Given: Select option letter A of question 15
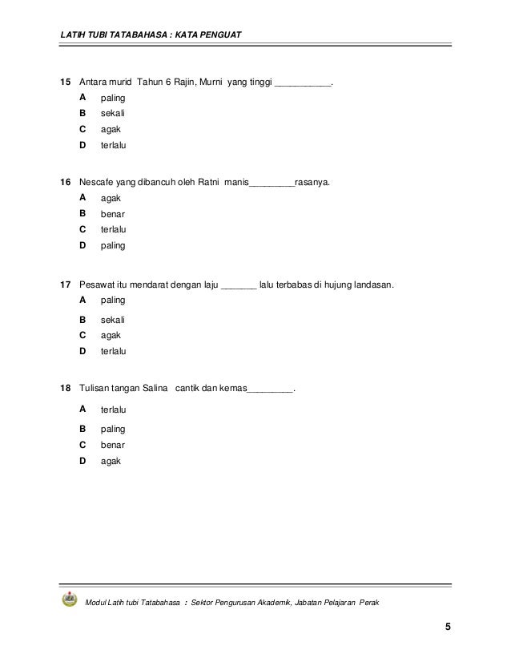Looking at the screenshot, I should pyautogui.click(x=82, y=97).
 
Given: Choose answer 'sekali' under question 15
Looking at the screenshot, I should pyautogui.click(x=113, y=114).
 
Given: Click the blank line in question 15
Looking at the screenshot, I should pyautogui.click(x=303, y=84).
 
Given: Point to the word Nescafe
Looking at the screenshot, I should pyautogui.click(x=98, y=183).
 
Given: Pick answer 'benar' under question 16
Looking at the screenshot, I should pyautogui.click(x=113, y=214).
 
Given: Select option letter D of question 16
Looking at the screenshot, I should pyautogui.click(x=82, y=245).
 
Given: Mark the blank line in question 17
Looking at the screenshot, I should pyautogui.click(x=238, y=286).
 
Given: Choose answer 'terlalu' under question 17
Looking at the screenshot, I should pyautogui.click(x=115, y=350).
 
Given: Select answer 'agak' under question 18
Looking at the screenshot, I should pyautogui.click(x=111, y=461).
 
